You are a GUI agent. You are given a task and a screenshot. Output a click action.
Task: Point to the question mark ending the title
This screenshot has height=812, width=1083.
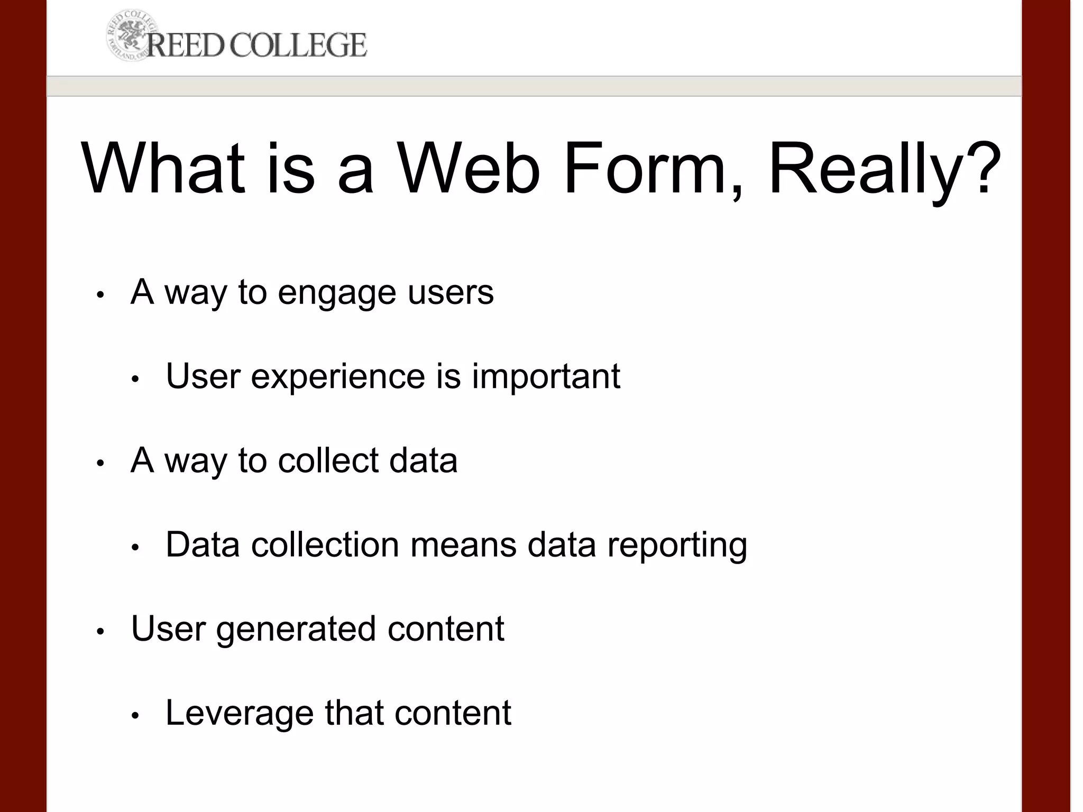click(x=985, y=168)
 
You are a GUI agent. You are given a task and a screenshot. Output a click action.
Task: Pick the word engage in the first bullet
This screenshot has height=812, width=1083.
click(x=337, y=292)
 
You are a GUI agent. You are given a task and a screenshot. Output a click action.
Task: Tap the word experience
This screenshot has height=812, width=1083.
click(x=338, y=376)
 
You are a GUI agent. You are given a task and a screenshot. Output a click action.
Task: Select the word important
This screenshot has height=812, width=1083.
click(x=546, y=376)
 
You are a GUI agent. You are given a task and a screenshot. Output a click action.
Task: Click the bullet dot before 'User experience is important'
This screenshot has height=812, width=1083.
click(x=135, y=379)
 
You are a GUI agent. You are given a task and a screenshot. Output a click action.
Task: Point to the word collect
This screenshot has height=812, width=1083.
click(x=328, y=460)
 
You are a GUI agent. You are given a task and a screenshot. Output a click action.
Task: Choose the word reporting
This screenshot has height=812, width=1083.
click(x=677, y=545)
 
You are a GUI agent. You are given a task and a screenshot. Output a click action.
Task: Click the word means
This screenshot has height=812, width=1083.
click(x=463, y=545)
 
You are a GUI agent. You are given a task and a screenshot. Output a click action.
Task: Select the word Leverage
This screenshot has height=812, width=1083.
click(x=240, y=713)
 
